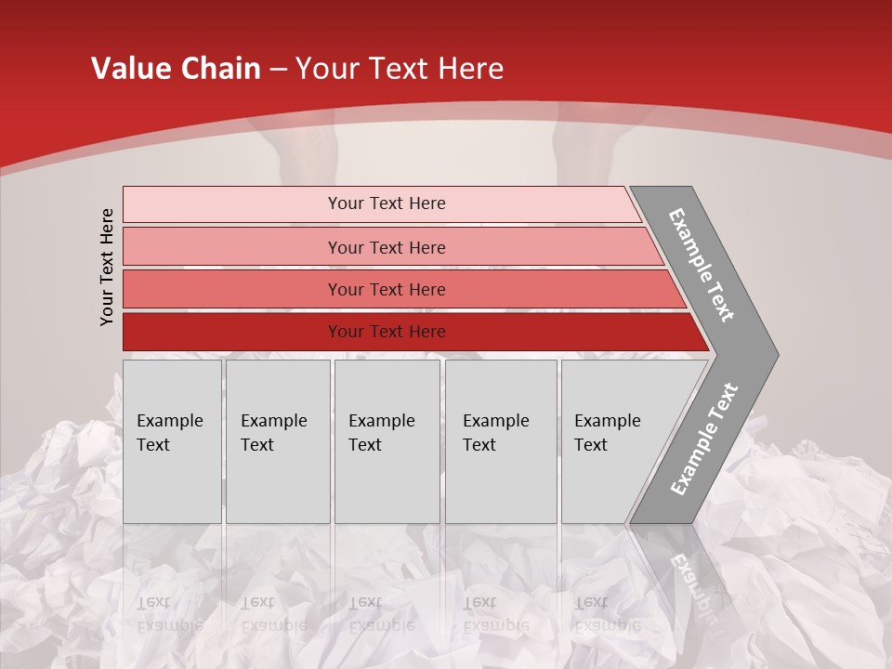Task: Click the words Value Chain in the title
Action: [x=176, y=69]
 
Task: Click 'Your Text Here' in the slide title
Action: [x=400, y=69]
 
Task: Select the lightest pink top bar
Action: [x=232, y=204]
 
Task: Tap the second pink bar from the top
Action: [x=232, y=247]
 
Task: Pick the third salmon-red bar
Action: [x=232, y=290]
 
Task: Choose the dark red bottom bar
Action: [x=232, y=332]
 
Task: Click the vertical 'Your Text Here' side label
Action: [x=107, y=268]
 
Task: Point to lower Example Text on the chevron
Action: [x=704, y=439]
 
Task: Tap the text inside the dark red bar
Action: [x=387, y=332]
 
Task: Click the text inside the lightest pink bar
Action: [x=387, y=203]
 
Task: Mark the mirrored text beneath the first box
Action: [x=169, y=614]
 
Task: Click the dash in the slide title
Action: [x=278, y=70]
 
